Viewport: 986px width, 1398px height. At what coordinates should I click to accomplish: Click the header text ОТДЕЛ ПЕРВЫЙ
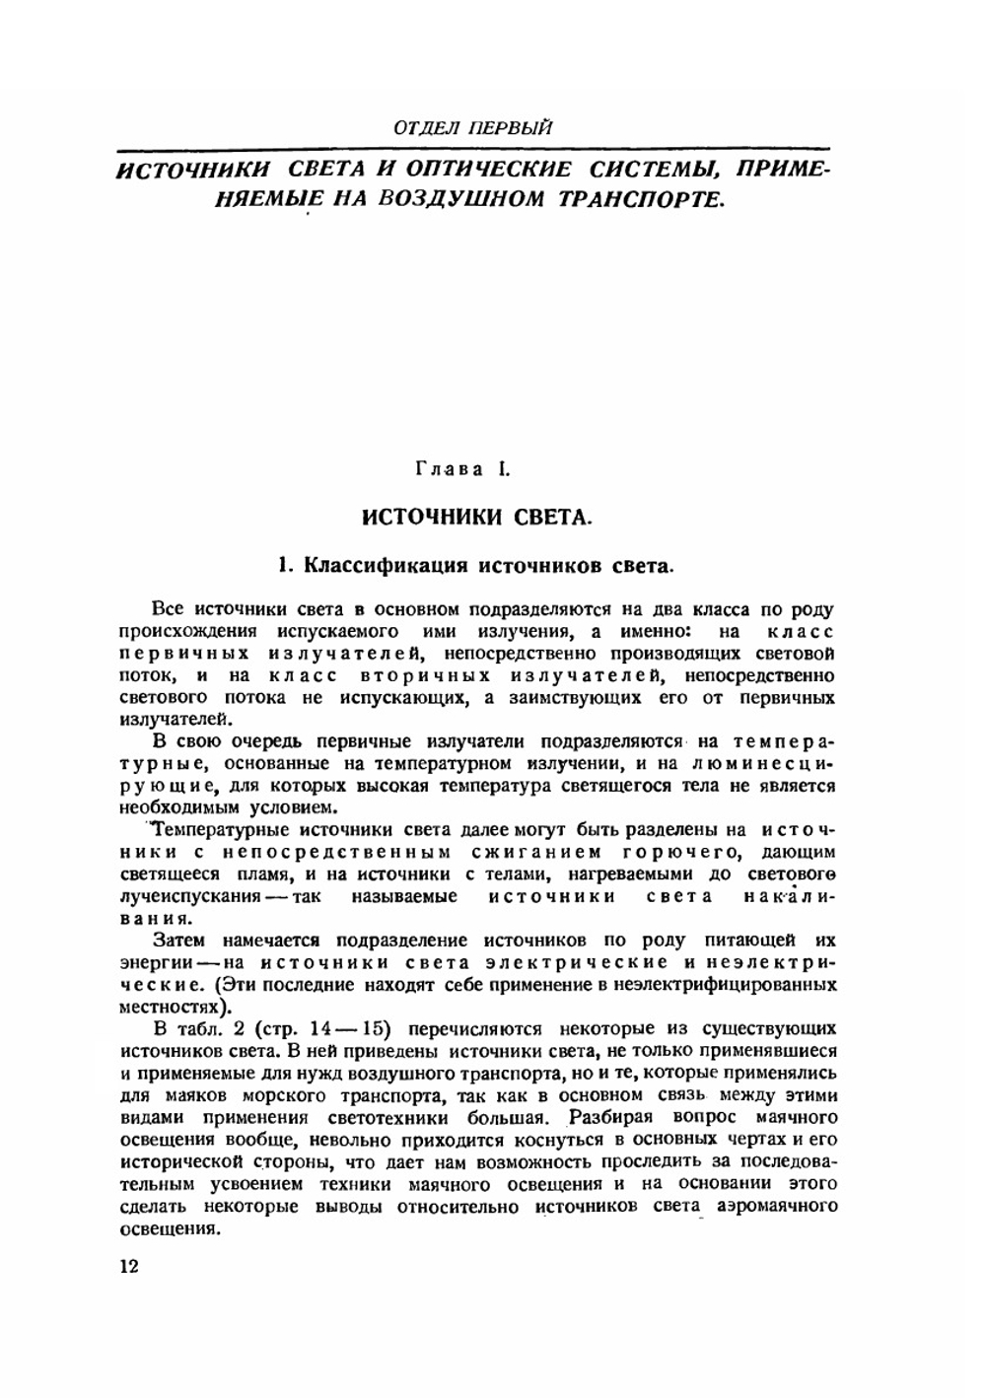pyautogui.click(x=472, y=127)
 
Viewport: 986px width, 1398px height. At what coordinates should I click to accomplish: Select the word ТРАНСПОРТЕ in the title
pyautogui.click(x=643, y=198)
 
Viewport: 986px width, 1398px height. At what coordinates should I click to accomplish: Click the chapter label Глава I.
pyautogui.click(x=462, y=469)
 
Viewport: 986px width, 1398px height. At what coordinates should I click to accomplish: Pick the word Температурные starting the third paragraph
pyautogui.click(x=214, y=829)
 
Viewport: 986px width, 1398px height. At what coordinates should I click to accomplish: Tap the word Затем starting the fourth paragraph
pyautogui.click(x=178, y=941)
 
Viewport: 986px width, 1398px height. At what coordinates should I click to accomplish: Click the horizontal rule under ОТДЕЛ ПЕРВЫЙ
pyautogui.click(x=473, y=148)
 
